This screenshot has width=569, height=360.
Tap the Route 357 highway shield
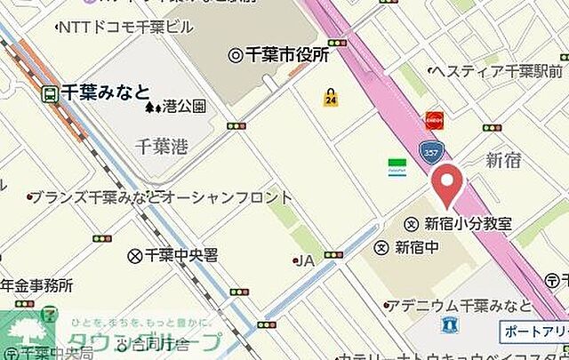click(431, 154)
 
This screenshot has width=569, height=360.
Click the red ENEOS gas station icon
click(434, 119)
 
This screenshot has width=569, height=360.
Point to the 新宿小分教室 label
click(468, 223)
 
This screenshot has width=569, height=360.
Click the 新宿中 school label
click(416, 246)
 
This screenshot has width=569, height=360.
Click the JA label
click(305, 260)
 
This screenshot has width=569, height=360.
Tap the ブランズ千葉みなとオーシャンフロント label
click(161, 197)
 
